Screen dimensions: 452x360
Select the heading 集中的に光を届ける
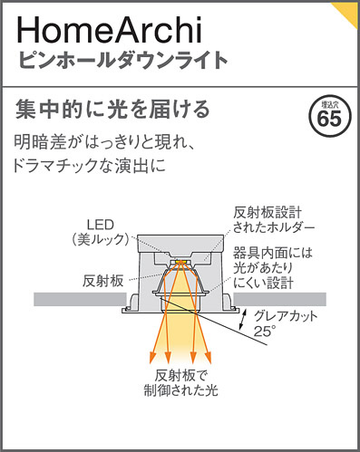(113, 111)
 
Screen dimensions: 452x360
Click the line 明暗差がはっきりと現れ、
(118, 143)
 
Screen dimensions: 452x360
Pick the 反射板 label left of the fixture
(102, 281)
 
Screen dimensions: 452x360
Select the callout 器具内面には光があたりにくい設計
(272, 268)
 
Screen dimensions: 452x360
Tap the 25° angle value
(264, 332)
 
